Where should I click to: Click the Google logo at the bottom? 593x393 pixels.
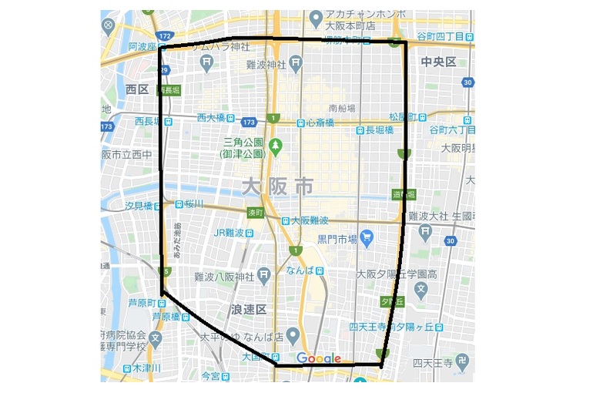click(x=318, y=358)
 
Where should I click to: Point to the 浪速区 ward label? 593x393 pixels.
click(x=248, y=309)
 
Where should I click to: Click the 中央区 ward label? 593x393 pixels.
click(x=438, y=62)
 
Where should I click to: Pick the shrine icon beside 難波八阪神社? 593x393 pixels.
click(x=264, y=276)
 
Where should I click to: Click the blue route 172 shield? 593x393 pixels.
click(x=162, y=36)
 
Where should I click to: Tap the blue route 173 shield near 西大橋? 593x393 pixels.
click(x=248, y=122)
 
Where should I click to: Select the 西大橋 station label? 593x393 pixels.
click(x=210, y=118)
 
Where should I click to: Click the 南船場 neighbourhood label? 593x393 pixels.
click(x=341, y=108)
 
